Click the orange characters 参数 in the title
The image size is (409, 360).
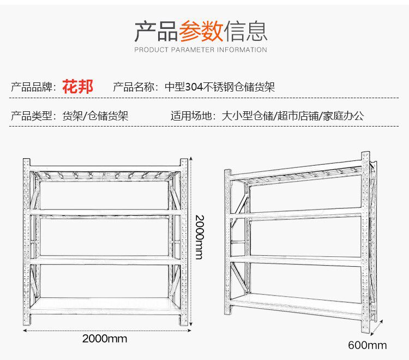pos(201,31)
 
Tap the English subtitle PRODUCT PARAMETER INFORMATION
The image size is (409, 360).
pos(201,50)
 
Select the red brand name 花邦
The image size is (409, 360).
pos(78,86)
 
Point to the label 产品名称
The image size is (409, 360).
pos(135,87)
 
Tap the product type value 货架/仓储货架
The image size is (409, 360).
pos(95,116)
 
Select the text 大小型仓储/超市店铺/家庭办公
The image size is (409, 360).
pos(293,116)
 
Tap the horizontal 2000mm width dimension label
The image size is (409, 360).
pos(105,339)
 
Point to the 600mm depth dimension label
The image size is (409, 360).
pos(367,345)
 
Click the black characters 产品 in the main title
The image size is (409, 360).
pos(156,31)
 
